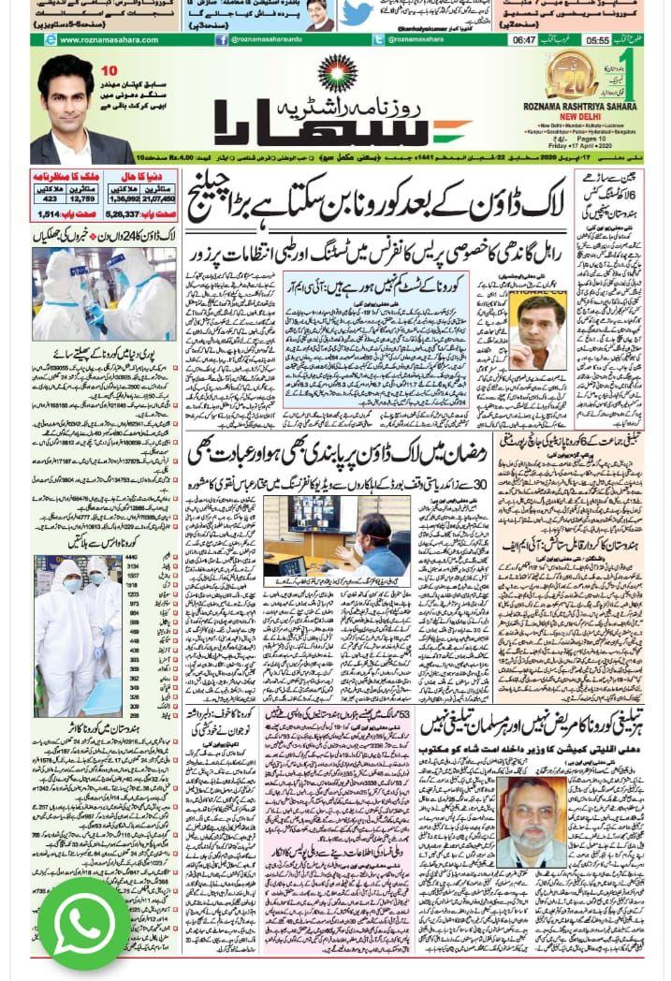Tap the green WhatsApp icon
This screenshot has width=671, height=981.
84,922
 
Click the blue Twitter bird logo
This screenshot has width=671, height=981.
357,14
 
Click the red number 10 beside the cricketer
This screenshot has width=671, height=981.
109,71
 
